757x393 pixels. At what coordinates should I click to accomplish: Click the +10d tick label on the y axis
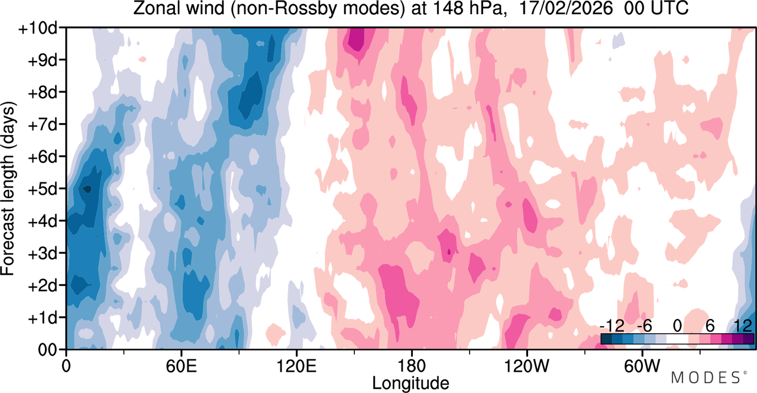point(38,29)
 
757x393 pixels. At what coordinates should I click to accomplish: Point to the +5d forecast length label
point(43,190)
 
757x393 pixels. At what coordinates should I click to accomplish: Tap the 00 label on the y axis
point(48,350)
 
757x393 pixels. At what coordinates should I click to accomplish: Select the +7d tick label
point(43,125)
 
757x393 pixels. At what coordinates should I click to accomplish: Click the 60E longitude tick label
point(182,366)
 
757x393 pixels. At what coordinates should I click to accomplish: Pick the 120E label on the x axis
point(296,366)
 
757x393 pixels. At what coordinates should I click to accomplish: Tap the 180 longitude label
point(412,366)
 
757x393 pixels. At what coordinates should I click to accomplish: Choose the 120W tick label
point(526,366)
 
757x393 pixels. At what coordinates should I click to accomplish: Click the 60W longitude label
point(642,366)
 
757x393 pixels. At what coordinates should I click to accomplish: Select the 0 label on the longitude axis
point(66,366)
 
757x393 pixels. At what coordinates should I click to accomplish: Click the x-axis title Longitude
point(410,384)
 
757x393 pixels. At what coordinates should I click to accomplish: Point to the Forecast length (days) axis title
point(8,189)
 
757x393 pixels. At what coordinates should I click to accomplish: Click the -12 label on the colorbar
point(612,326)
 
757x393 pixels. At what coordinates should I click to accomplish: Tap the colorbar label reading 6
point(710,326)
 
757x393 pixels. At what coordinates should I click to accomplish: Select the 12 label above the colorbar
point(743,326)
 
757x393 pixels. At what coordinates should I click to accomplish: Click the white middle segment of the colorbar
point(677,339)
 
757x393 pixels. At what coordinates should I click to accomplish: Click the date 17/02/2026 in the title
point(565,8)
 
